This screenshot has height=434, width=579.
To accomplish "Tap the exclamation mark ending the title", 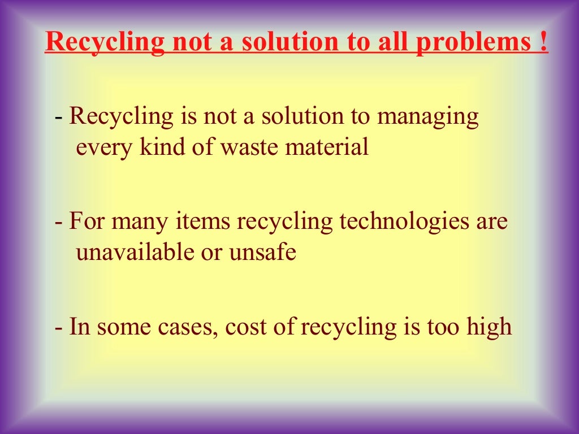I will click(543, 42).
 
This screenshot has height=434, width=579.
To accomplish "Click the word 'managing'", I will click(428, 118).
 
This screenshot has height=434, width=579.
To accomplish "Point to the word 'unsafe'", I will click(262, 252).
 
